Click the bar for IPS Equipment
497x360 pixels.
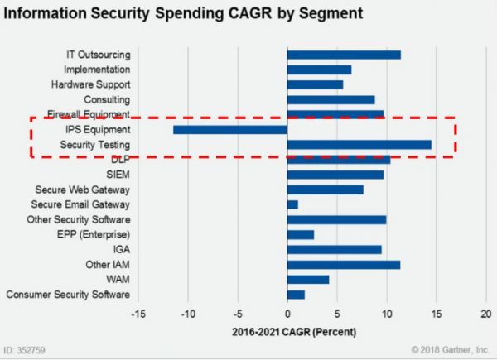pyautogui.click(x=230, y=130)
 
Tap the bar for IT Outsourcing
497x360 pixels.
pyautogui.click(x=344, y=55)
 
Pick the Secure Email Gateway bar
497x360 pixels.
pyautogui.click(x=292, y=204)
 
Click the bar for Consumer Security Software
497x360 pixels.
pyautogui.click(x=296, y=295)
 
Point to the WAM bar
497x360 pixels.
pyautogui.click(x=308, y=280)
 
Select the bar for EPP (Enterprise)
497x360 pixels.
pyautogui.click(x=301, y=235)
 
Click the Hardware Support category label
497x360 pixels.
pyautogui.click(x=90, y=84)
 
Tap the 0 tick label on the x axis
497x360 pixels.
pyautogui.click(x=287, y=314)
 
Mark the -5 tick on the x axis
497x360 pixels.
pyautogui.click(x=238, y=314)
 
